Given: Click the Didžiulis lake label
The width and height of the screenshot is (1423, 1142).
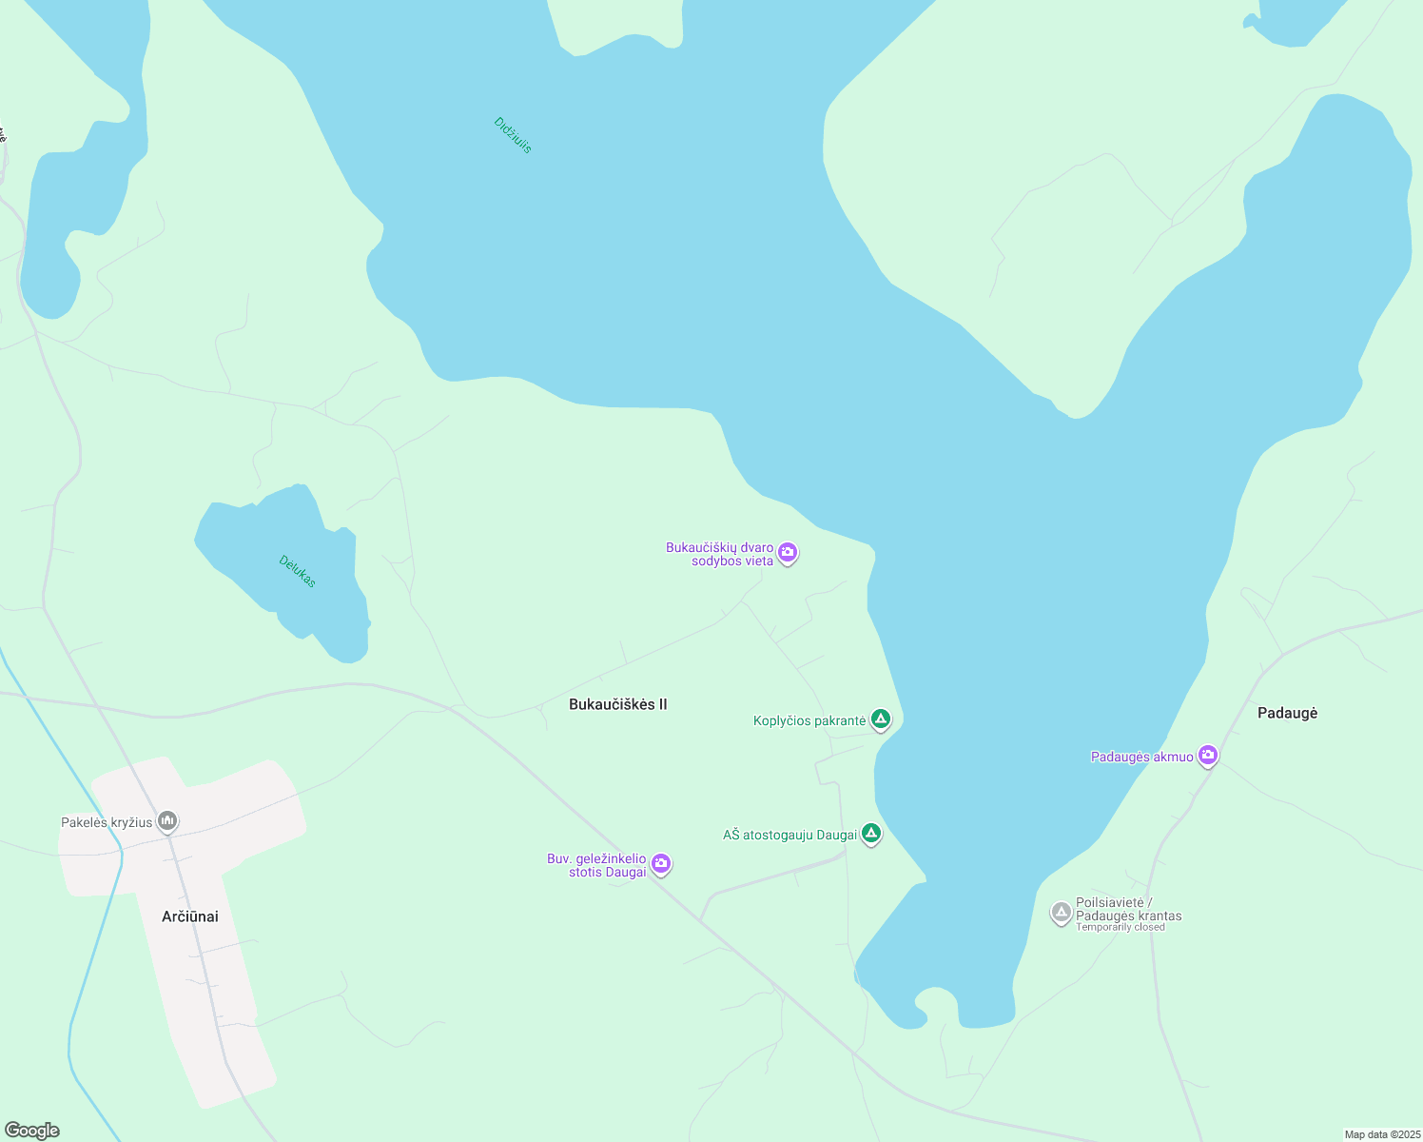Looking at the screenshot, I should click(513, 135).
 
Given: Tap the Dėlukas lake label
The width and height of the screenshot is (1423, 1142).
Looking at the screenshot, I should click(297, 571).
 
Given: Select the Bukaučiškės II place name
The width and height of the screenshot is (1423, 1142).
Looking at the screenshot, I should click(617, 704).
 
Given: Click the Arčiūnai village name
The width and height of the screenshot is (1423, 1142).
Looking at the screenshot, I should click(190, 916).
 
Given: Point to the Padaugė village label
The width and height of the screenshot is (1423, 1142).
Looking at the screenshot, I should click(1287, 713).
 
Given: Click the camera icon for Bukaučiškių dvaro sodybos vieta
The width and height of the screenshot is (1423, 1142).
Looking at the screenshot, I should click(787, 552).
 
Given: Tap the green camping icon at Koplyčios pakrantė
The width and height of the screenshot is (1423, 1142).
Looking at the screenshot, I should click(881, 719).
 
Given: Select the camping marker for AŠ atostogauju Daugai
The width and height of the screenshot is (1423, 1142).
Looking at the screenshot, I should click(870, 834).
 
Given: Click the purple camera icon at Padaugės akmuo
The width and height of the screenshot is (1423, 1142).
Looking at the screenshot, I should click(1208, 756).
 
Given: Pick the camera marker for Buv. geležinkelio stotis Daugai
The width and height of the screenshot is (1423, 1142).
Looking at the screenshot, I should click(661, 863).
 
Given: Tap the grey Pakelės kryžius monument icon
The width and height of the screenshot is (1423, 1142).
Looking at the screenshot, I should click(167, 820).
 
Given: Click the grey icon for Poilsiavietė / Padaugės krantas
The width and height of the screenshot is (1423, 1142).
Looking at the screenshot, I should click(1062, 913).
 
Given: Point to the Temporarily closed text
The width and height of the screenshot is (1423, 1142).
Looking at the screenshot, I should click(1120, 928).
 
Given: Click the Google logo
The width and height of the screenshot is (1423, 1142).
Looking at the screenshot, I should click(32, 1131).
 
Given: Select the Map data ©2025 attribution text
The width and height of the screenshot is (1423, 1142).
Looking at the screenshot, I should click(1382, 1134).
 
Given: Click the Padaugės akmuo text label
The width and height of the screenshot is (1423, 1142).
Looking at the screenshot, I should click(1141, 757).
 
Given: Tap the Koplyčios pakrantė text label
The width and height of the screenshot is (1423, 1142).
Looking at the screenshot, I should click(809, 720).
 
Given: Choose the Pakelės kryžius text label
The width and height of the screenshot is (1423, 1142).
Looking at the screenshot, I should click(107, 822).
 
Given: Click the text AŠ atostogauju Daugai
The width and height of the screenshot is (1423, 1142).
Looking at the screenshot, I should click(789, 835).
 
